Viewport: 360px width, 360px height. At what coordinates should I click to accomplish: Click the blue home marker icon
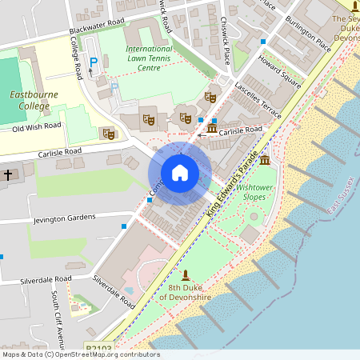[x=179, y=173]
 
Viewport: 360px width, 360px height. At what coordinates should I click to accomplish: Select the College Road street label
[x=78, y=62]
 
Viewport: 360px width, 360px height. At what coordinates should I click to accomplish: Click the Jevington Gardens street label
[x=64, y=217]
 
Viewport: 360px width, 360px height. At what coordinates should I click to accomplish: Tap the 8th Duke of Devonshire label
[x=189, y=292]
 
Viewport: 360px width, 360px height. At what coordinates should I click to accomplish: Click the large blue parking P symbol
[x=94, y=62]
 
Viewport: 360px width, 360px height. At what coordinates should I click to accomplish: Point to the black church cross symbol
[x=8, y=174]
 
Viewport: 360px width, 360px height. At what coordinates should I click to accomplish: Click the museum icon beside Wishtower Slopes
[x=265, y=161]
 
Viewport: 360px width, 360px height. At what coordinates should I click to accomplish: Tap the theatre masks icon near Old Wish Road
[x=108, y=134]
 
